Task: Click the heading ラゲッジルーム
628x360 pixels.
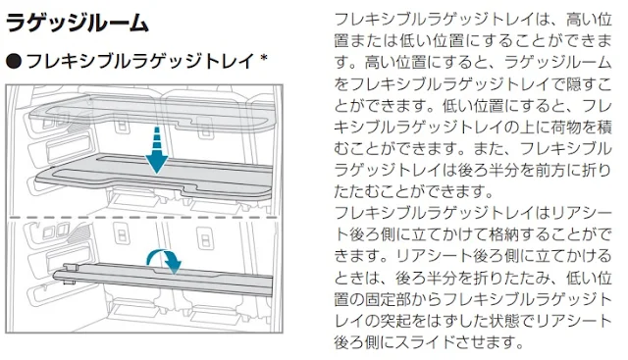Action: [78, 23]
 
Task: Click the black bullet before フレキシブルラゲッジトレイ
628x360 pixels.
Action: [14, 61]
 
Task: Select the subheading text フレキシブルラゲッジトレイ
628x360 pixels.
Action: [140, 61]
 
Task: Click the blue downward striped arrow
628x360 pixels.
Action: [157, 150]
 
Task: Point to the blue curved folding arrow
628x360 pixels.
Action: [164, 260]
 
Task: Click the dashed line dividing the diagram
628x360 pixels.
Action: [144, 218]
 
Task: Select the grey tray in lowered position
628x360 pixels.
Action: [154, 177]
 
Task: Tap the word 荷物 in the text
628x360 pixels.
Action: [565, 128]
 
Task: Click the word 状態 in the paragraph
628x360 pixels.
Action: [519, 321]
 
